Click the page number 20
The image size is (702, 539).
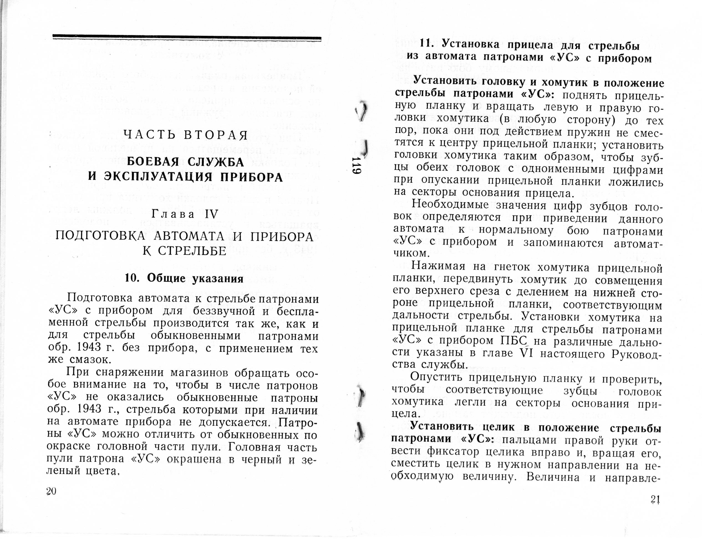coord(51,491)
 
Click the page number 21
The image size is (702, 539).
coord(655,500)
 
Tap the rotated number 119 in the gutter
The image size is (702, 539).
coord(357,166)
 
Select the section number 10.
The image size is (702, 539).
coord(131,278)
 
